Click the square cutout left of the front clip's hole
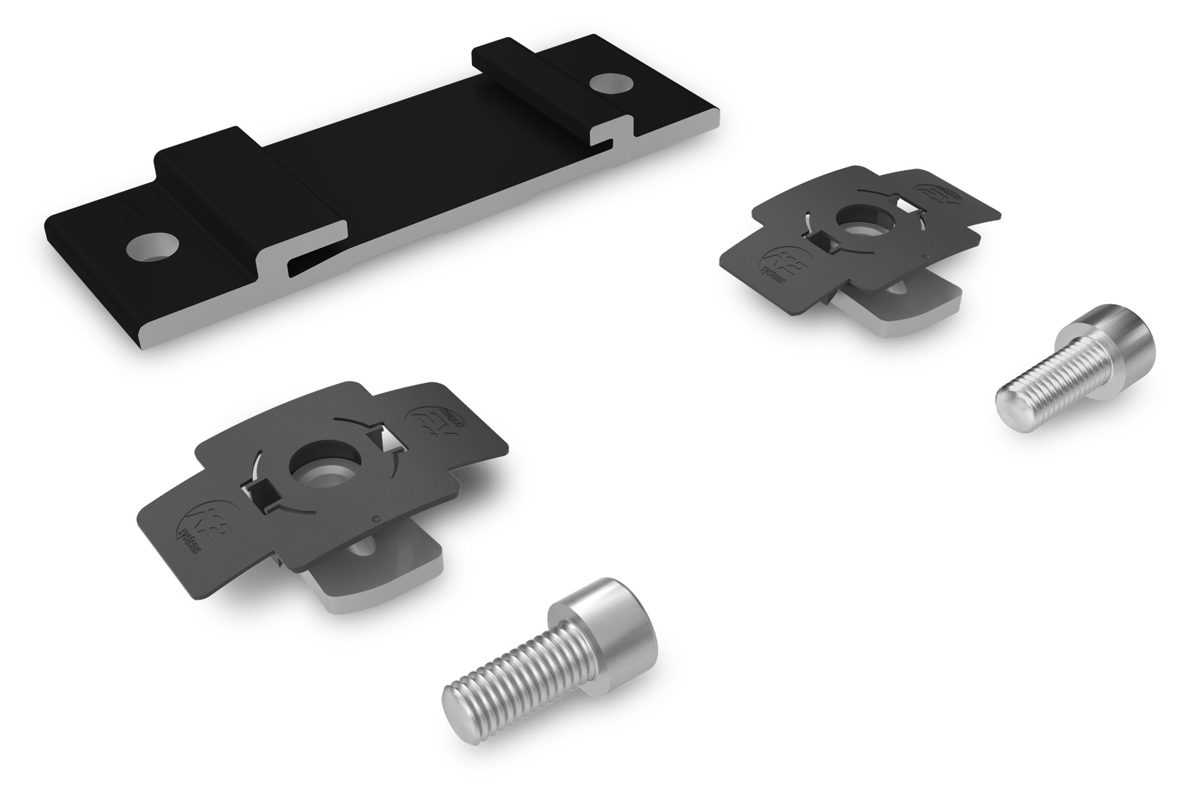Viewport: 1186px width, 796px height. tap(259, 492)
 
